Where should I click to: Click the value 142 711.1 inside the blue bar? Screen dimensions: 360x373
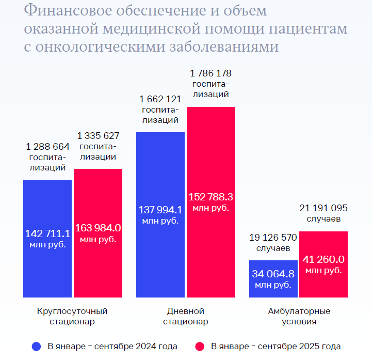(x=47, y=233)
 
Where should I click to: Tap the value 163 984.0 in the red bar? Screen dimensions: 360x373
(x=98, y=228)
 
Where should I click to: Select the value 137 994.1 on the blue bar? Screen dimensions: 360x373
(x=160, y=210)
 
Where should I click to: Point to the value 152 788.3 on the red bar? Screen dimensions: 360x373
(x=211, y=197)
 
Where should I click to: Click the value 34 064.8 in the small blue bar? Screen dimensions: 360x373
(x=273, y=274)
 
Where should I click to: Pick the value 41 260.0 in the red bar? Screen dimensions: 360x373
(x=323, y=259)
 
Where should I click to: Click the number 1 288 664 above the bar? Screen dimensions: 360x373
(x=47, y=146)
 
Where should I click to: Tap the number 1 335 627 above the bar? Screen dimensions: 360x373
(x=98, y=136)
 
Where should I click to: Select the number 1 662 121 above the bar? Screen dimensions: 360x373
(x=160, y=99)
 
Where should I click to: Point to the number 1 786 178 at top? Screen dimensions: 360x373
(x=211, y=73)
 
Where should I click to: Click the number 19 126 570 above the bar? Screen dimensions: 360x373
(x=273, y=238)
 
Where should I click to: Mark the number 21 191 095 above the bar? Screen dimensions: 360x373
(x=323, y=208)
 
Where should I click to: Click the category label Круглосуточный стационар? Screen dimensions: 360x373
(x=72, y=316)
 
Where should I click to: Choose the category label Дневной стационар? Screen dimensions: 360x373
(x=186, y=316)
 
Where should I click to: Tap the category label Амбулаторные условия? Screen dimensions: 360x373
(x=299, y=316)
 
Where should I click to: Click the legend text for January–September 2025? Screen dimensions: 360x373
(x=276, y=346)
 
